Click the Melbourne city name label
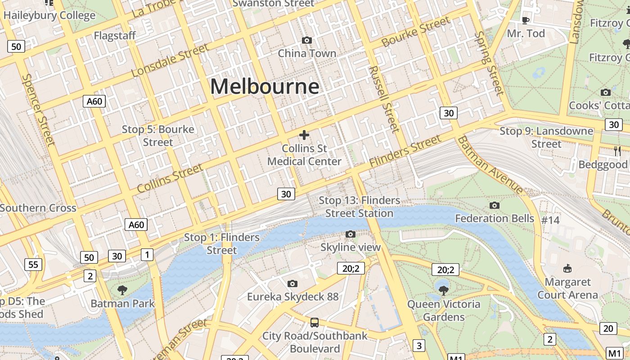265,86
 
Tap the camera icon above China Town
307,40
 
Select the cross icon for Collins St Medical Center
304,135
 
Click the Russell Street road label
384,99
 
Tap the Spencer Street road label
38,110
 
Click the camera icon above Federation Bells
495,206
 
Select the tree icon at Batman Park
122,290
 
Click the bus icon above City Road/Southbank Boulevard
315,322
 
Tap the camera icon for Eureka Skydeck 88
292,283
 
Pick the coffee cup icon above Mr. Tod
525,20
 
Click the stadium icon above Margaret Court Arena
567,269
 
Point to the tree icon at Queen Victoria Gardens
444,290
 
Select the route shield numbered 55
34,264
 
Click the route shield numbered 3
419,346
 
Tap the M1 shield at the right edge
615,352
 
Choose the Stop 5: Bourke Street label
158,135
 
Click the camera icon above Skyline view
351,234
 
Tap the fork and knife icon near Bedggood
617,151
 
